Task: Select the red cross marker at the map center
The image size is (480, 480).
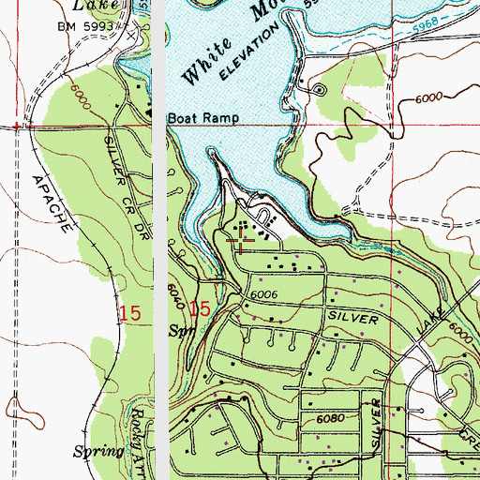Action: click(x=240, y=241)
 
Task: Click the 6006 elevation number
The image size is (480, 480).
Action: click(x=266, y=294)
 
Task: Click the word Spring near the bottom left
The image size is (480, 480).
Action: click(x=99, y=451)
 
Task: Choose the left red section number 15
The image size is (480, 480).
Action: click(x=132, y=310)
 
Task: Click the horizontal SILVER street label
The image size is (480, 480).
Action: click(x=352, y=319)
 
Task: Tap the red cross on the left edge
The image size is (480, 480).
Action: click(x=17, y=125)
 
